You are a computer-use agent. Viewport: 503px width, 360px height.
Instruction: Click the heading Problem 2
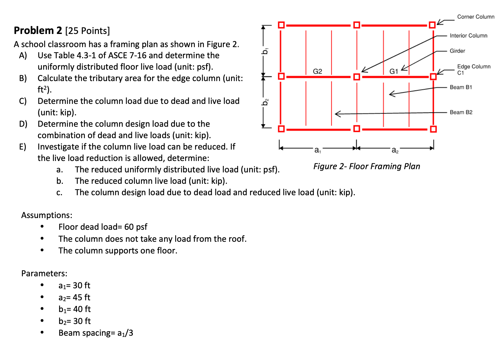click(x=38, y=30)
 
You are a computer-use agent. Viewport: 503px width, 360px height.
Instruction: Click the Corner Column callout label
click(x=476, y=17)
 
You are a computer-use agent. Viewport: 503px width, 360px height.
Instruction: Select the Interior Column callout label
click(x=468, y=35)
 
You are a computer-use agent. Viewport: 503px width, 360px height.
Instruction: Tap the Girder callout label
click(x=457, y=51)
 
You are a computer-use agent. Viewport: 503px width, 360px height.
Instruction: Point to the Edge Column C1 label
click(x=473, y=69)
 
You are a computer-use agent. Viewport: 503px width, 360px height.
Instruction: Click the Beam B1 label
click(x=461, y=87)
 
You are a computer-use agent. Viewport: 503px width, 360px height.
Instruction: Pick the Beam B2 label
click(x=461, y=112)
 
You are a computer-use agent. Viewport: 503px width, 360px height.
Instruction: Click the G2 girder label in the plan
click(x=317, y=71)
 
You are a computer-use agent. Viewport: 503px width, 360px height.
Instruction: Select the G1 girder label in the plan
click(x=394, y=71)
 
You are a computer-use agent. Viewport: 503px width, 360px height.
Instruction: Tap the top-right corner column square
click(x=432, y=25)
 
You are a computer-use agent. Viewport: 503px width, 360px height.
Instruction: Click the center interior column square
click(x=356, y=77)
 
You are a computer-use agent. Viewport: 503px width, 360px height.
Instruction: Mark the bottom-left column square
click(x=281, y=129)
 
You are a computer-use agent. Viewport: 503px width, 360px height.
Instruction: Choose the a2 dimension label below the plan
click(x=395, y=150)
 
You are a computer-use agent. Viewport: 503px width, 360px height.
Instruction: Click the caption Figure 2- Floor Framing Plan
click(x=366, y=166)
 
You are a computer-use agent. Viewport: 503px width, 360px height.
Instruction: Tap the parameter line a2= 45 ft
click(x=74, y=297)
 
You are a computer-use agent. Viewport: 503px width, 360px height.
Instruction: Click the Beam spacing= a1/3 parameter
click(x=96, y=333)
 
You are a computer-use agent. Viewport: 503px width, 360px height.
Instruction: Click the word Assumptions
click(x=46, y=215)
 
